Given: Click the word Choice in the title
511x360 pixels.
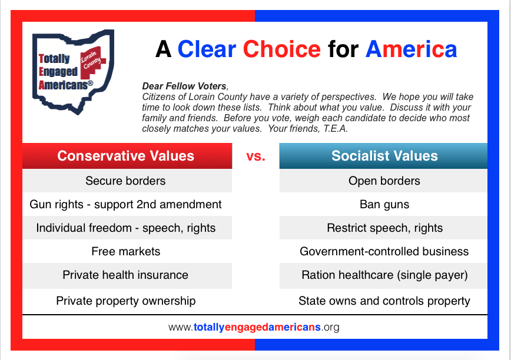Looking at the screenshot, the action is (x=282, y=49).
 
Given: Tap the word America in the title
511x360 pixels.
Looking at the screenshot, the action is (x=411, y=49).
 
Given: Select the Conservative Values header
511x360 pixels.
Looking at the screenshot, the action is (x=127, y=156).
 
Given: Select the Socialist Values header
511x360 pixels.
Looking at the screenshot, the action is (x=383, y=156).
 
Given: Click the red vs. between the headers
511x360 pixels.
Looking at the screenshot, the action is (x=256, y=156).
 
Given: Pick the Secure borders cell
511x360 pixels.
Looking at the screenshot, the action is (x=127, y=181).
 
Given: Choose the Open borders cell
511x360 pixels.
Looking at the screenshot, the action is (x=383, y=181).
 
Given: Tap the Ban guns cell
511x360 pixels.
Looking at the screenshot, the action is (x=383, y=205).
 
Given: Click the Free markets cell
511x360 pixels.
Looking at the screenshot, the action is (x=127, y=251).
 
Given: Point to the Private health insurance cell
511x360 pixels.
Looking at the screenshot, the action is (x=127, y=275).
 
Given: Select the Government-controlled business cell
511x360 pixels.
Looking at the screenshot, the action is (x=383, y=251).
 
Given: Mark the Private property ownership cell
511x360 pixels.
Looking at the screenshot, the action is (x=127, y=301).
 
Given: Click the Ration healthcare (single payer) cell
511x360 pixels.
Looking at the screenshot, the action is (x=383, y=275).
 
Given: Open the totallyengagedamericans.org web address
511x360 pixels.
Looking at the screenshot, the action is (x=254, y=327).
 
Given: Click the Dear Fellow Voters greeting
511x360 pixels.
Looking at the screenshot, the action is (x=184, y=86).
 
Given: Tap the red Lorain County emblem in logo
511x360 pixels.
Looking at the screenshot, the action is (x=93, y=62).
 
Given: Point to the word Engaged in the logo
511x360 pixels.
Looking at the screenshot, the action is (x=58, y=71).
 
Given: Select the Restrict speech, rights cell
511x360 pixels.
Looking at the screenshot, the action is (x=383, y=228).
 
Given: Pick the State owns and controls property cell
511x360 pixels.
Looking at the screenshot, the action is (x=383, y=301).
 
